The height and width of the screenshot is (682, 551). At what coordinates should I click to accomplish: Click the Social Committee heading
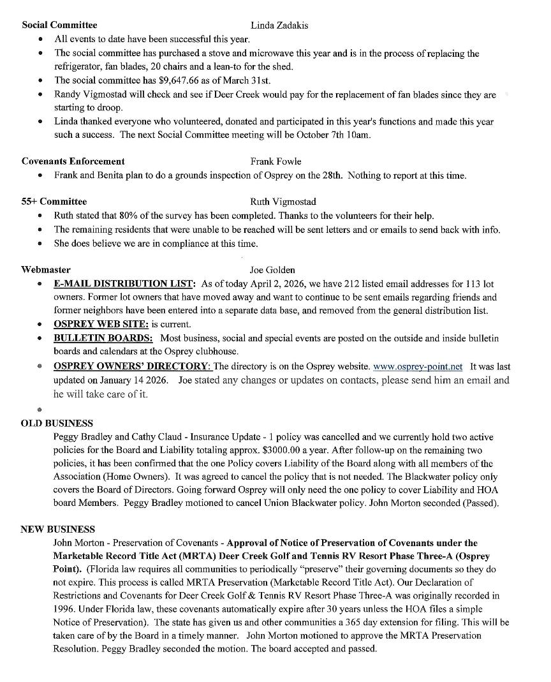pyautogui.click(x=59, y=25)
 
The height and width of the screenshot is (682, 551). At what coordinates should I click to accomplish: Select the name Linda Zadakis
pyautogui.click(x=279, y=25)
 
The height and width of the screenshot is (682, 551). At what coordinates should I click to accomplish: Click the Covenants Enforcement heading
pyautogui.click(x=73, y=161)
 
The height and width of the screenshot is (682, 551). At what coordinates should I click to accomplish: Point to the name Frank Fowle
pyautogui.click(x=275, y=161)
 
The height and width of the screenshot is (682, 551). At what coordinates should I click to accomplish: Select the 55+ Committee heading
pyautogui.click(x=54, y=202)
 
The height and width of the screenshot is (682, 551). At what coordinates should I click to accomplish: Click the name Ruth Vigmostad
pyautogui.click(x=284, y=202)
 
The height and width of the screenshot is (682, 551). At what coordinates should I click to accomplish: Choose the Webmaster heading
pyautogui.click(x=46, y=270)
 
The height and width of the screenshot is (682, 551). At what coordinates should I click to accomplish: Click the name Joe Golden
pyautogui.click(x=272, y=270)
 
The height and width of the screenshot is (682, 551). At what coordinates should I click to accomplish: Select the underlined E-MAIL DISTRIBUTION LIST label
pyautogui.click(x=124, y=284)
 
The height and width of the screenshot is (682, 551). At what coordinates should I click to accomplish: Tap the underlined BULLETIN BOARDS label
pyautogui.click(x=103, y=338)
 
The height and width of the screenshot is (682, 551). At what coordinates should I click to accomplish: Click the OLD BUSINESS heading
pyautogui.click(x=57, y=423)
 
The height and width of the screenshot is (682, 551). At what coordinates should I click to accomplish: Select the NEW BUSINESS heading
pyautogui.click(x=57, y=529)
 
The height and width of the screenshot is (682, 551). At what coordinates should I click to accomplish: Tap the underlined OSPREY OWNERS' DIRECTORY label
pyautogui.click(x=132, y=367)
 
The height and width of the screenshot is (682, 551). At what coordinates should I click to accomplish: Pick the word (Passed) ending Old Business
pyautogui.click(x=481, y=503)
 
